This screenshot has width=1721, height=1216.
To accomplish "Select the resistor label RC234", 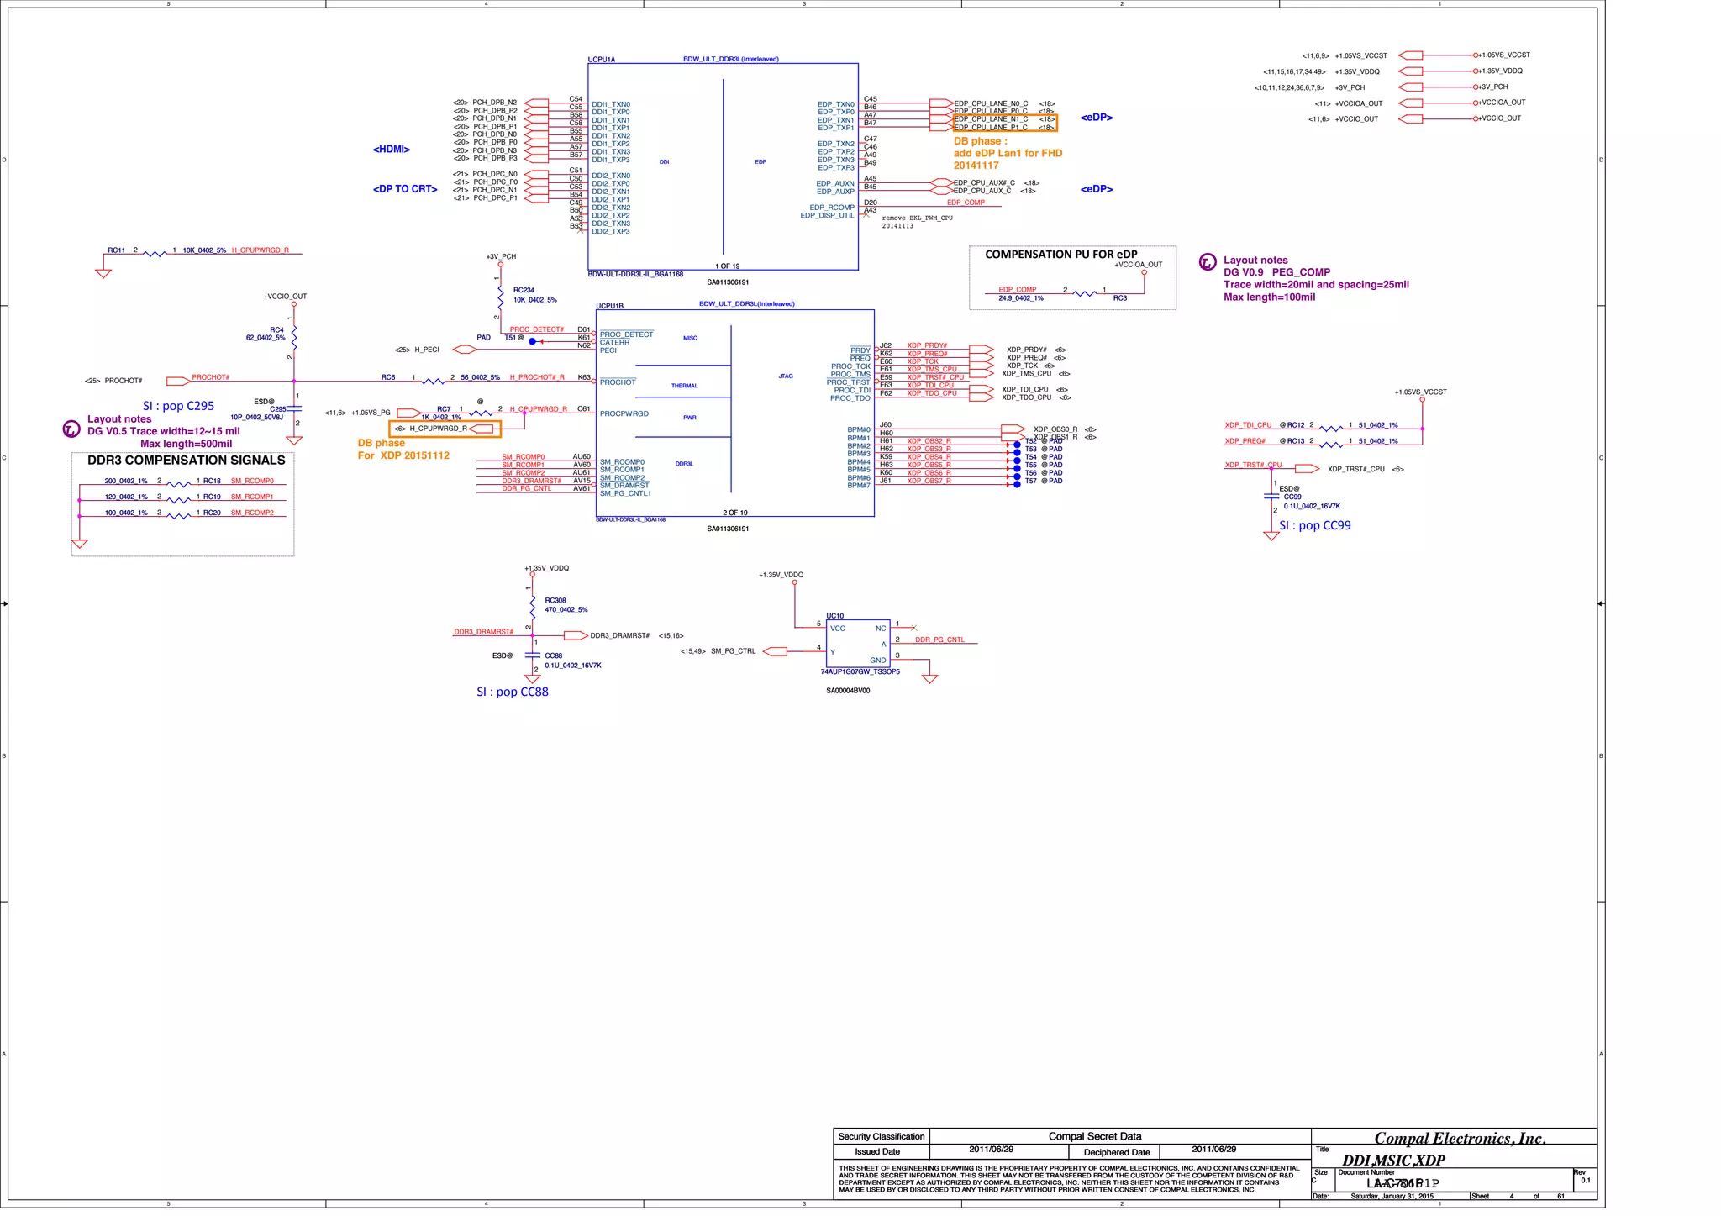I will coord(524,290).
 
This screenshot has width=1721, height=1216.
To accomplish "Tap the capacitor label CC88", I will coord(553,655).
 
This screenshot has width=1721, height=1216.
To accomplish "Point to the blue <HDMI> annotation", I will coord(392,150).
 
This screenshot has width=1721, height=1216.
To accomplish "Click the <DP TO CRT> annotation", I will coord(405,189).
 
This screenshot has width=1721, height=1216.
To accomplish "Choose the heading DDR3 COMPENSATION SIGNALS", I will coord(186,461).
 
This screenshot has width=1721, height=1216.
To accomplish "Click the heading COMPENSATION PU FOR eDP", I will coord(1060,255).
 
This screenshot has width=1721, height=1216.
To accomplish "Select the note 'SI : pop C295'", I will coord(178,406).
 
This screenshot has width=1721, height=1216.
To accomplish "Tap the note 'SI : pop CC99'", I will coord(1314,525).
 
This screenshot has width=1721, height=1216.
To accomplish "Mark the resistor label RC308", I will coord(555,601).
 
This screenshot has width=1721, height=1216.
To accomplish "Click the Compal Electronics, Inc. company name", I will coord(1460,1139).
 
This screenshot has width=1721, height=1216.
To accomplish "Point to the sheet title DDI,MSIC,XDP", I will coord(1393,1161).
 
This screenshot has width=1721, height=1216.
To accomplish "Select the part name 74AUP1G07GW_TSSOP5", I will coord(860,671).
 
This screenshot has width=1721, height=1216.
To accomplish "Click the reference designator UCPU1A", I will coord(601,60).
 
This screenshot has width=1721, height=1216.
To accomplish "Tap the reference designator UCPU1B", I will coord(609,306).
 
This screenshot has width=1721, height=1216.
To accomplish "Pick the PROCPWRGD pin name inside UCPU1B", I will coord(624,413).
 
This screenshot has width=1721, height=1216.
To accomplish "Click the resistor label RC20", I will coord(212,513).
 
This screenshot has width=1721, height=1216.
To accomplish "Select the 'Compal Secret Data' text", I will coord(1094,1136).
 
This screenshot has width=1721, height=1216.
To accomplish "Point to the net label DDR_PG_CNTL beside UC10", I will coord(939,640).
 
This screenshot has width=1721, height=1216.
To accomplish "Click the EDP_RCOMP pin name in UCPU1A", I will coord(831,208).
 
